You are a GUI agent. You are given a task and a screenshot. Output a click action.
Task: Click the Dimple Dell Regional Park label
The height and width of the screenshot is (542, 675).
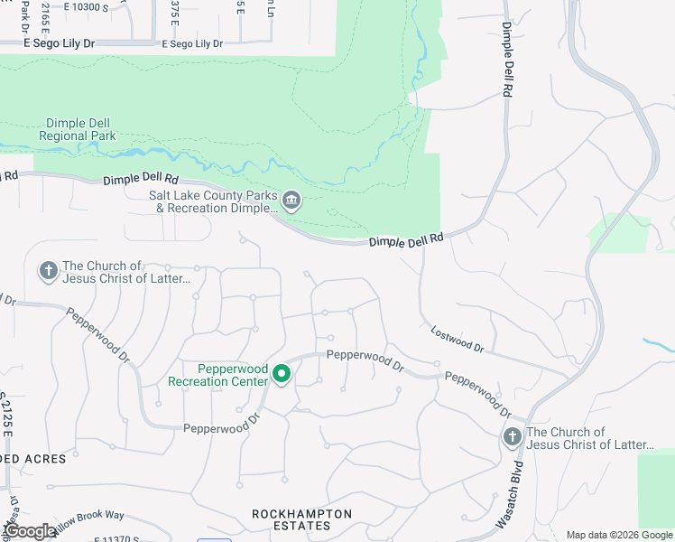click(78, 129)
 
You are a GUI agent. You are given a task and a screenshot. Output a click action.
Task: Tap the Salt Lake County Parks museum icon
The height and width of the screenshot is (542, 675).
click(291, 201)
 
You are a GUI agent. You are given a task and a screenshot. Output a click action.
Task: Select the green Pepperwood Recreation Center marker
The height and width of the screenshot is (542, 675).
click(282, 373)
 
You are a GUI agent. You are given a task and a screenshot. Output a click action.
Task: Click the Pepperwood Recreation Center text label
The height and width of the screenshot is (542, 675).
click(217, 375)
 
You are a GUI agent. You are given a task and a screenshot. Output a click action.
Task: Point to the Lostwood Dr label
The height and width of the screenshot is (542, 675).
click(458, 340)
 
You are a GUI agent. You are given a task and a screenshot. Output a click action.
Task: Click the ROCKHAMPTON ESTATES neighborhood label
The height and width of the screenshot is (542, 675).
click(301, 520)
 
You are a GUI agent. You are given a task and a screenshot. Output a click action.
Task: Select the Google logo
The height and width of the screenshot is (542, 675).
click(29, 531)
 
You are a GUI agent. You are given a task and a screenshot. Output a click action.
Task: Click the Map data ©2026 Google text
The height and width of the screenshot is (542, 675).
click(618, 535)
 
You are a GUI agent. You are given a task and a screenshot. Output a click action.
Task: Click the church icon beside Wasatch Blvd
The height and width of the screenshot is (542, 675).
click(513, 438)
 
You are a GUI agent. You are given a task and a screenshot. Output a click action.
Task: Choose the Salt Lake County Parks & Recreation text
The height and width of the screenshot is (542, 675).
click(213, 201)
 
